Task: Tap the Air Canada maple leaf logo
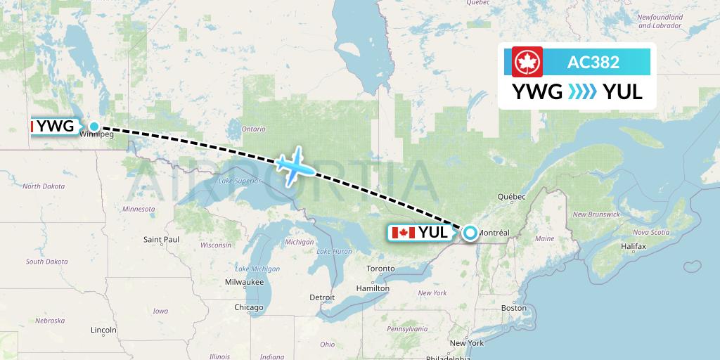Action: (525, 62)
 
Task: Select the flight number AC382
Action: (593, 62)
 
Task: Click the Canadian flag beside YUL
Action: (402, 233)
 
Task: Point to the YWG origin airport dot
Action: (94, 127)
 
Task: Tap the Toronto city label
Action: (380, 269)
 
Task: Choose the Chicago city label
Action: (249, 307)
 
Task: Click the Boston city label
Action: (514, 308)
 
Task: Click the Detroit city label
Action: (323, 297)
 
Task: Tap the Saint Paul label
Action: (162, 240)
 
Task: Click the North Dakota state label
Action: (44, 186)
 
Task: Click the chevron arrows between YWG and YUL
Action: (582, 92)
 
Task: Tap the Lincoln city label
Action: (103, 330)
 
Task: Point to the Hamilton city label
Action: (373, 288)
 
